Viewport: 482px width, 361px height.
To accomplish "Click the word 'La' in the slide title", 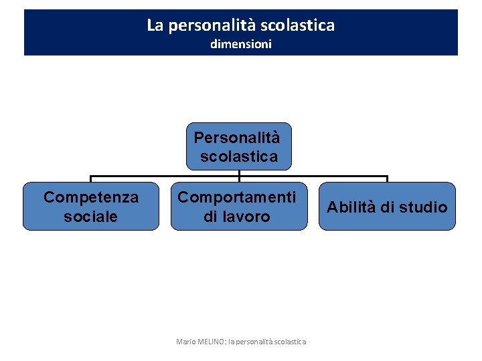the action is click(155, 25).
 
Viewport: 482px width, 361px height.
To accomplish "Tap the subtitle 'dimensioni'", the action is click(241, 45).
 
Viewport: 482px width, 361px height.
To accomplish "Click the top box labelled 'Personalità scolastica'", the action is click(239, 146).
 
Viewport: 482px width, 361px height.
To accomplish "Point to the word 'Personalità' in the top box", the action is click(236, 138).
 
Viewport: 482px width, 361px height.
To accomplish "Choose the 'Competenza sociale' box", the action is click(91, 206).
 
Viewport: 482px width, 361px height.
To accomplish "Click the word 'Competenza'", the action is click(91, 197).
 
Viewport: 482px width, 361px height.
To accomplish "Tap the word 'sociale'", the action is click(91, 217).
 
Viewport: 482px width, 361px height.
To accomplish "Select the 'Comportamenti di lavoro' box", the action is click(237, 206).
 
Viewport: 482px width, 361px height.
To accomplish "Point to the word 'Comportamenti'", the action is click(237, 197).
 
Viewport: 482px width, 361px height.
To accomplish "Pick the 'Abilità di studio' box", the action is click(387, 206).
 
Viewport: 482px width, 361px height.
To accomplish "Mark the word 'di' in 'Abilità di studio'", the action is click(388, 207).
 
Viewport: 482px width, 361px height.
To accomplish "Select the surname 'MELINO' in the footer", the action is click(212, 342).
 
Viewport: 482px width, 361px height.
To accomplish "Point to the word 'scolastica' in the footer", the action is click(289, 342).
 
